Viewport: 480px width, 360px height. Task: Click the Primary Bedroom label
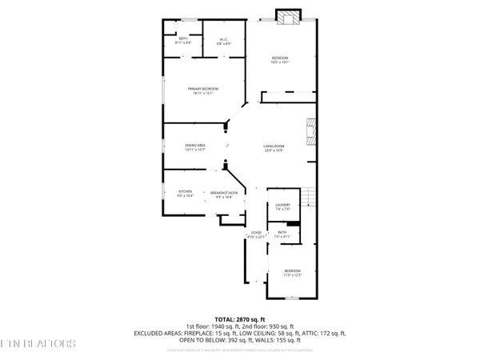pos(203,90)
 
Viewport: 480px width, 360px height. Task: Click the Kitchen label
pos(185,194)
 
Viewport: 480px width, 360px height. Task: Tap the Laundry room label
pos(282,208)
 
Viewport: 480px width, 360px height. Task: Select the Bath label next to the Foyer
pos(282,234)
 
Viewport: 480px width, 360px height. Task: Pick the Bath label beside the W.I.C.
pos(182,41)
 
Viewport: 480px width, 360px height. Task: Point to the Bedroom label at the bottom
pos(294,273)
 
